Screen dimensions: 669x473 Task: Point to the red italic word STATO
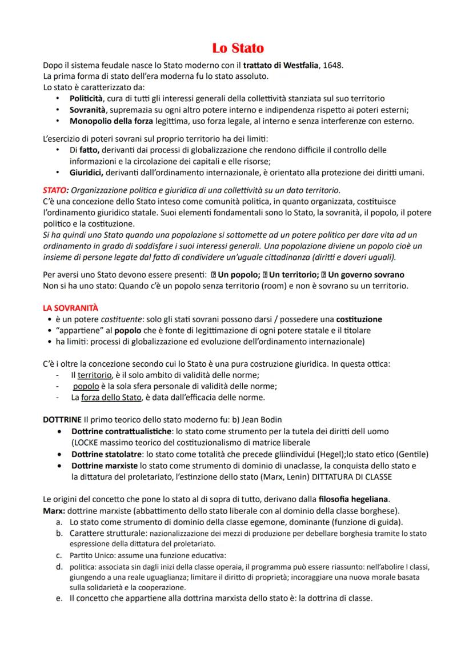click(54, 190)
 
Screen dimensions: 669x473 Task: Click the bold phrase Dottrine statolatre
click(106, 454)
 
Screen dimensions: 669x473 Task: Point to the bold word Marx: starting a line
click(53, 510)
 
